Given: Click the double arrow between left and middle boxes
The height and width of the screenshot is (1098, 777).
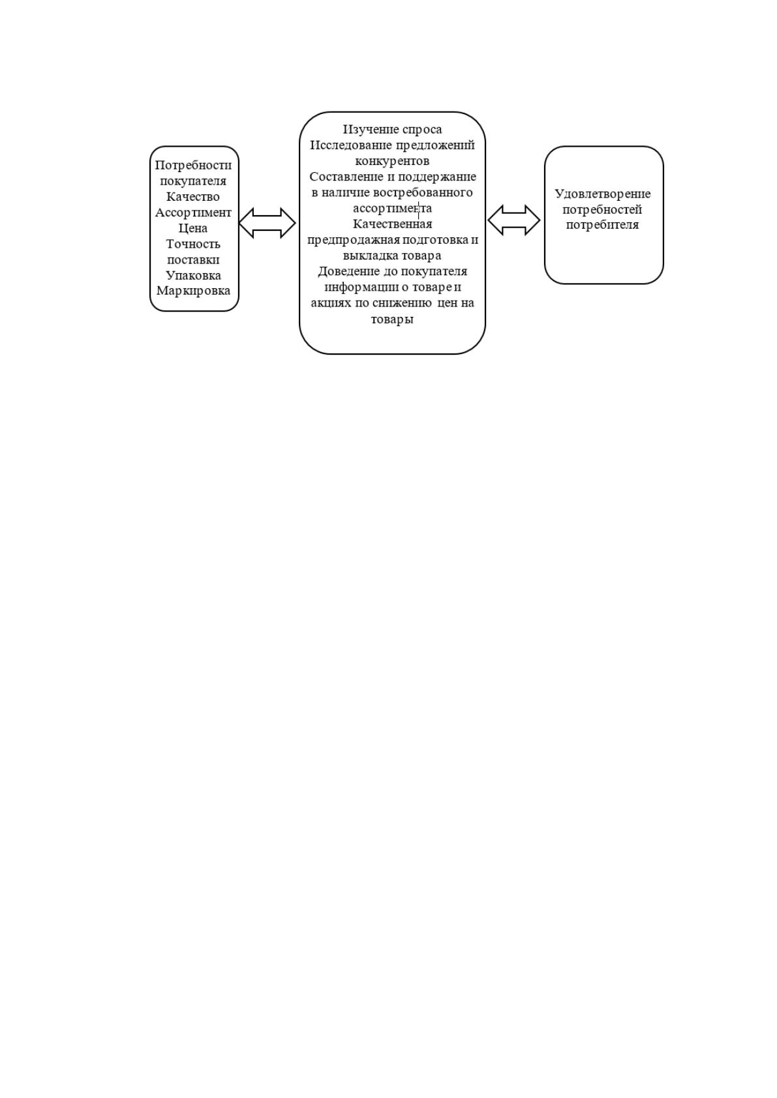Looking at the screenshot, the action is pyautogui.click(x=267, y=223).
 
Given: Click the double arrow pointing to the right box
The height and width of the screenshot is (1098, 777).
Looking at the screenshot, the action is pyautogui.click(x=513, y=220).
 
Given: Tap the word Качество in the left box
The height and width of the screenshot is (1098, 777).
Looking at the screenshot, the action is pyautogui.click(x=192, y=196).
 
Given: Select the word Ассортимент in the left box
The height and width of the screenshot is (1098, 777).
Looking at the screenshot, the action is pyautogui.click(x=193, y=213).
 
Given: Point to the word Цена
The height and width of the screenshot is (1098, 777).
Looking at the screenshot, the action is pyautogui.click(x=192, y=228).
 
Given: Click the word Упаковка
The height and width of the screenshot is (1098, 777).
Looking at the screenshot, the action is pyautogui.click(x=193, y=276).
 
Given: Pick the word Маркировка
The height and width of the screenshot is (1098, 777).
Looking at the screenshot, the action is pyautogui.click(x=193, y=291).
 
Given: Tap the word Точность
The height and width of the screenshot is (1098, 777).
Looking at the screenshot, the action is pyautogui.click(x=193, y=244).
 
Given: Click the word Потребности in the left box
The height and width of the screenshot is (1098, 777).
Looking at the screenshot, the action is pyautogui.click(x=193, y=165).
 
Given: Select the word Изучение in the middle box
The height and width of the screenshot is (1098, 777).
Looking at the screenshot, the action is pyautogui.click(x=371, y=129).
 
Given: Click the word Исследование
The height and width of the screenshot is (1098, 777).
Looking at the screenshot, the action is pyautogui.click(x=351, y=145).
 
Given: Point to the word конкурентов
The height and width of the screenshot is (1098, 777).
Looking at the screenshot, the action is pyautogui.click(x=393, y=161).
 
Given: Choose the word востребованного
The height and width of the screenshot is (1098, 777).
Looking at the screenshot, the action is pyautogui.click(x=423, y=192).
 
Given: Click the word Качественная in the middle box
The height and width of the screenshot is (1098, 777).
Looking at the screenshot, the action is pyautogui.click(x=393, y=224).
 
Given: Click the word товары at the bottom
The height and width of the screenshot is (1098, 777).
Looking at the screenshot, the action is pyautogui.click(x=393, y=319).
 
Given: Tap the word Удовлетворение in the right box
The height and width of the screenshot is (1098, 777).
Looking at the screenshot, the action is pyautogui.click(x=603, y=194).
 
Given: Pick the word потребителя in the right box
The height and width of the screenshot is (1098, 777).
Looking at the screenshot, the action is pyautogui.click(x=603, y=225).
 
